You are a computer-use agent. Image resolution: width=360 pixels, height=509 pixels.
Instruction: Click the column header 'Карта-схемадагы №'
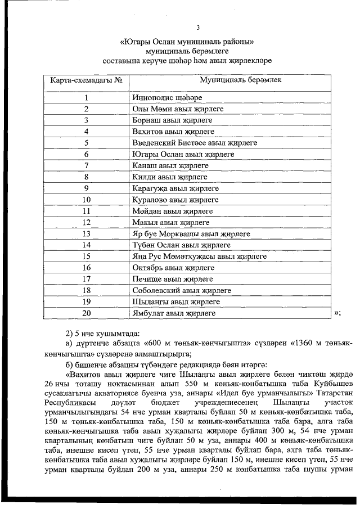(87, 80)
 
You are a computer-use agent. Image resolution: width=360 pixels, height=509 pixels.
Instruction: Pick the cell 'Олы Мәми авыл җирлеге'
(178, 109)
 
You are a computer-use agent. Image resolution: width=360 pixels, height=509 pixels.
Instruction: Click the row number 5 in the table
(87, 143)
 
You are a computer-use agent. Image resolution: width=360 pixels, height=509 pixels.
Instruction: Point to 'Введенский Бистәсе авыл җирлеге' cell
(195, 143)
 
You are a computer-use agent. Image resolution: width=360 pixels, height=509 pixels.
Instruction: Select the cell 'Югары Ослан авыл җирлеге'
(183, 154)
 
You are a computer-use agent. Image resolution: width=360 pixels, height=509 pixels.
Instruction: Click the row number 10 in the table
(87, 200)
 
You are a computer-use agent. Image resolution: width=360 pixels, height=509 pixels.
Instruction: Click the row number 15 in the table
(87, 256)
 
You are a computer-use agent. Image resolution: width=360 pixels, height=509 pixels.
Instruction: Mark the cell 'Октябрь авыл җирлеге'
(173, 268)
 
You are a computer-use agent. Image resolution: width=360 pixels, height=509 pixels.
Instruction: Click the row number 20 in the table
(87, 313)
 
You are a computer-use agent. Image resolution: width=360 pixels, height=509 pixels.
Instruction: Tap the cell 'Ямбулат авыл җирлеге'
(174, 313)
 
